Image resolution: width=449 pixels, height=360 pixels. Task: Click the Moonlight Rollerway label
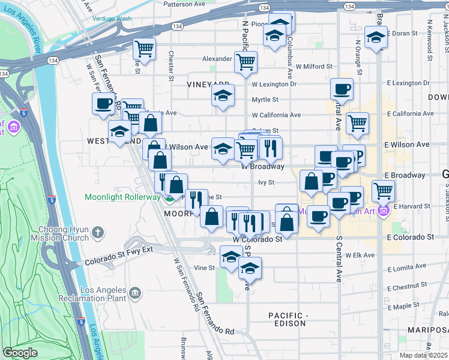(x=122, y=196)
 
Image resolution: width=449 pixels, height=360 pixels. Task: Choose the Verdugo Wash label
(x=112, y=19)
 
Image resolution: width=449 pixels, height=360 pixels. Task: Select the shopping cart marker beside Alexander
(x=246, y=61)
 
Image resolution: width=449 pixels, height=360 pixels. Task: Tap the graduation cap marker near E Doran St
(x=376, y=37)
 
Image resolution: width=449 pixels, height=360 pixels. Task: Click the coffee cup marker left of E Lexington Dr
(x=342, y=89)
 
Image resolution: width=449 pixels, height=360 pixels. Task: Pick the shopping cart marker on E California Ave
(x=358, y=123)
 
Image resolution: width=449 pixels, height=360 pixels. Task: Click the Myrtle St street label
(x=265, y=100)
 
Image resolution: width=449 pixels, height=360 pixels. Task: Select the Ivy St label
(x=266, y=182)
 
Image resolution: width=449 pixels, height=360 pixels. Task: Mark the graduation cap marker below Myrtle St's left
(x=223, y=95)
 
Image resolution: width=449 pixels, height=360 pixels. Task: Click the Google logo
(x=20, y=353)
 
